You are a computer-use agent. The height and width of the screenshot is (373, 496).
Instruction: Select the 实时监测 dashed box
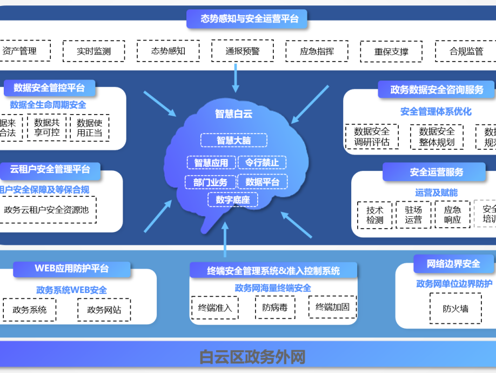(93, 51)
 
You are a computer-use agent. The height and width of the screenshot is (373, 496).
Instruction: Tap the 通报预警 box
(243, 51)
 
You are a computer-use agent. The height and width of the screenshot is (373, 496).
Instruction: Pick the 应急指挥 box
(317, 51)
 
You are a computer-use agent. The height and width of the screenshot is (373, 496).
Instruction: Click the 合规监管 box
(466, 51)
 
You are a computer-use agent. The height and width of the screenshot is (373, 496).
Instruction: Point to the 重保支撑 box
(391, 52)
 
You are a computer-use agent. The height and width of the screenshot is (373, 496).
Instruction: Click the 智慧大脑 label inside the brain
(233, 141)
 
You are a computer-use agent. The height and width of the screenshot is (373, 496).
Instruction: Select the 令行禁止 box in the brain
(262, 162)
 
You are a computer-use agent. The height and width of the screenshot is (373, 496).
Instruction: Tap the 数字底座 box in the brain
(233, 200)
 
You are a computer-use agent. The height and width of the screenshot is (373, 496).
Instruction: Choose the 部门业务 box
(210, 182)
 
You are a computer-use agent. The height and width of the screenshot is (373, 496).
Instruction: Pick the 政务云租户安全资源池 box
(46, 210)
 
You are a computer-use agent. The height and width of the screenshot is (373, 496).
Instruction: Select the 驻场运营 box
(413, 215)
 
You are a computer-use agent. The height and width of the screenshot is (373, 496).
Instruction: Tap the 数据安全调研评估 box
(371, 137)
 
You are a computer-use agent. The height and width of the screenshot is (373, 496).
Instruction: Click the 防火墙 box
(455, 309)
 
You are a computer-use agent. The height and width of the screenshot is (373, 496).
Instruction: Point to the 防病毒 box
(274, 308)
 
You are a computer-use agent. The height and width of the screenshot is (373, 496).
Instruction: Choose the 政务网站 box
(104, 310)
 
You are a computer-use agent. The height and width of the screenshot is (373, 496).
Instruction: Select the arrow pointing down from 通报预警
(236, 77)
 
